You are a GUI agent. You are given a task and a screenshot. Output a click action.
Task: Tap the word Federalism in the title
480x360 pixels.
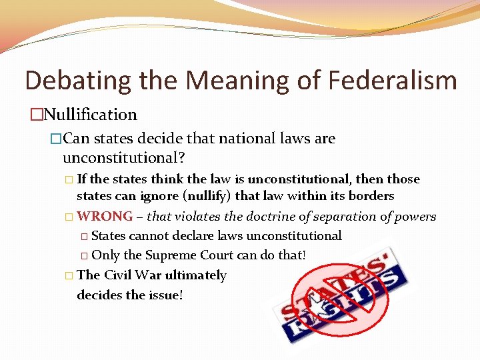coord(393,81)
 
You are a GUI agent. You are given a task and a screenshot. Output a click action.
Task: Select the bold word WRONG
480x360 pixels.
coord(105,217)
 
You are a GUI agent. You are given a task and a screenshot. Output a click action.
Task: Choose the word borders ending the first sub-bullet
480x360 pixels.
coord(371,196)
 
